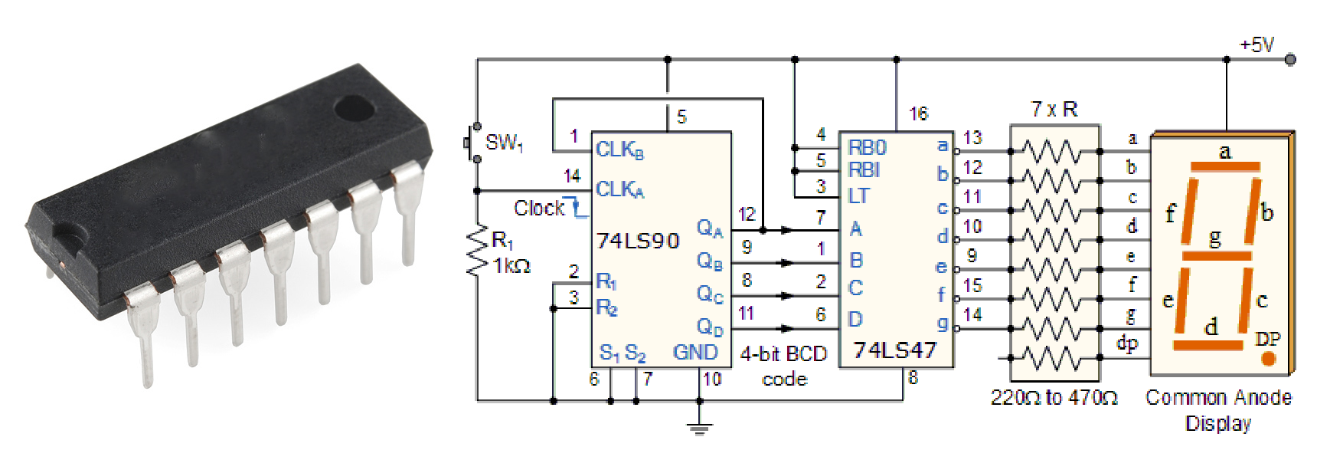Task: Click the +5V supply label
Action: tap(1257, 45)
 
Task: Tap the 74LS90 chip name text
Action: tap(638, 242)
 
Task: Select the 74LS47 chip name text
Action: tap(894, 350)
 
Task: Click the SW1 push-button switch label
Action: tap(504, 143)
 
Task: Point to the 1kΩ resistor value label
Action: tap(511, 266)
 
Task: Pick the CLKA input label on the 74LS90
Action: tap(619, 189)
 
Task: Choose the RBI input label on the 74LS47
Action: tap(864, 169)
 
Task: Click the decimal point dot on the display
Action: tap(1269, 358)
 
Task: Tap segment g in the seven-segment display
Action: tap(1217, 255)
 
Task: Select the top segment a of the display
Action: tap(1225, 166)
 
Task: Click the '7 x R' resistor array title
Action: tap(1054, 110)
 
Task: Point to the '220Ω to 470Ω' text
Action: tap(1054, 398)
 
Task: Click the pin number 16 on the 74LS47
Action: tap(918, 114)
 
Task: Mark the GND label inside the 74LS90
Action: tap(695, 352)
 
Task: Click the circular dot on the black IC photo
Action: tap(355, 109)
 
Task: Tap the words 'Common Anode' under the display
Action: tap(1217, 398)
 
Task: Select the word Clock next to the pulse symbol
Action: tap(538, 209)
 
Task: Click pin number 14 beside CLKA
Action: tap(572, 176)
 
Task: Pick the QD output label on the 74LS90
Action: tap(710, 327)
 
